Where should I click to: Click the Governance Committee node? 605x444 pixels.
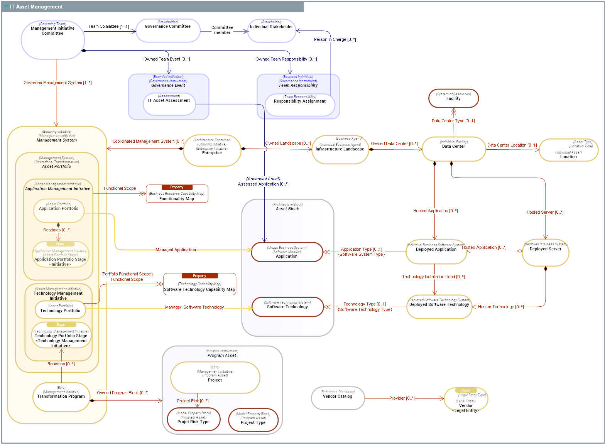168,30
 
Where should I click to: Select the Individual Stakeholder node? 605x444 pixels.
271,31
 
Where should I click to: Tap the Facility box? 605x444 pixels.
453,99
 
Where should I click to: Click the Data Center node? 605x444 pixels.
453,149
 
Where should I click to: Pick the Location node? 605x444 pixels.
568,150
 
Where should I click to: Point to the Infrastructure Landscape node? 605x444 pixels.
340,149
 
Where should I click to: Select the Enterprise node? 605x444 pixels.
212,150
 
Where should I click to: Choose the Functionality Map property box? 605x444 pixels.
177,194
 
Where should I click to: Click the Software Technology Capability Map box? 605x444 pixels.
199,284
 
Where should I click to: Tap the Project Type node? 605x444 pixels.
253,420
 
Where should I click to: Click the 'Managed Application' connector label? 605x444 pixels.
176,250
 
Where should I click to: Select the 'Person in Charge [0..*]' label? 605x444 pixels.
335,39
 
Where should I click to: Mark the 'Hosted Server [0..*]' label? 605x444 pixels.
545,212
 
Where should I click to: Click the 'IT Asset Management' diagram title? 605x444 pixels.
36,7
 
